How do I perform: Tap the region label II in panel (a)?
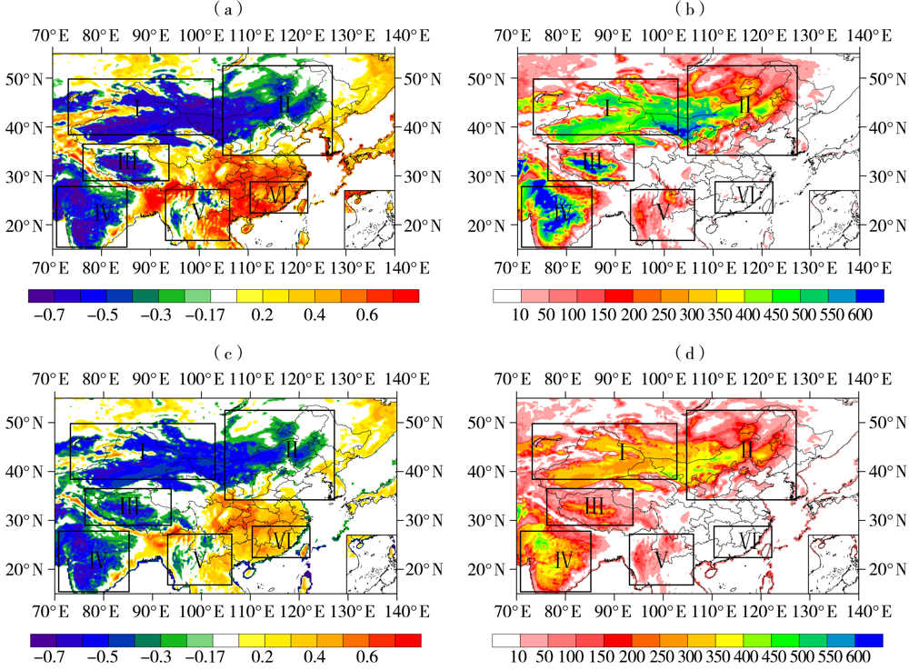pyautogui.click(x=285, y=105)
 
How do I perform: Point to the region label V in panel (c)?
pyautogui.click(x=197, y=561)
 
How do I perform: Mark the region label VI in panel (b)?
pyautogui.click(x=745, y=195)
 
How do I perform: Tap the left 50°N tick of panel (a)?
pyautogui.click(x=28, y=79)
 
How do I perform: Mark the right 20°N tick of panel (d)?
pyautogui.click(x=882, y=569)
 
